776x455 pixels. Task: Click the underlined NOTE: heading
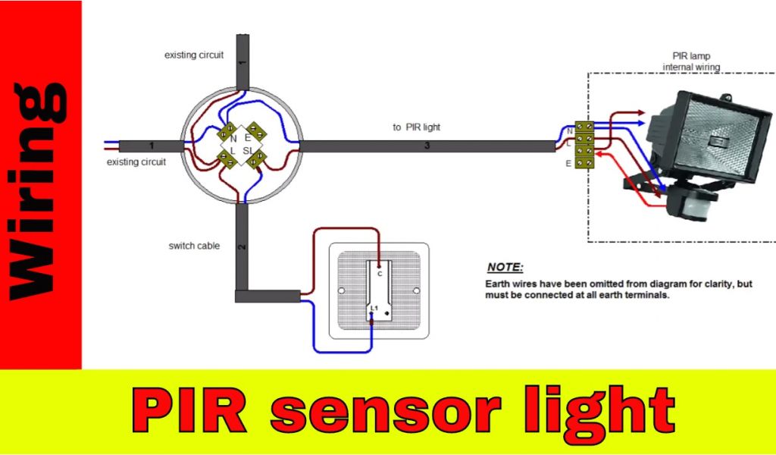click(505, 268)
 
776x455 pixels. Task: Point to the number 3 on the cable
click(427, 146)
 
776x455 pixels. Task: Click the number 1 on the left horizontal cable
click(152, 145)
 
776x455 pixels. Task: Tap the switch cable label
click(194, 246)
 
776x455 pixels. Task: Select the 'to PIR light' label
click(416, 127)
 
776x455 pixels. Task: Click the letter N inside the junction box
click(233, 139)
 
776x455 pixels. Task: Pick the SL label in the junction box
click(249, 151)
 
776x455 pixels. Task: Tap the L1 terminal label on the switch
click(374, 307)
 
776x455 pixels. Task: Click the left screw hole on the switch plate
click(341, 291)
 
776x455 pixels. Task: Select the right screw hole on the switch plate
click(415, 291)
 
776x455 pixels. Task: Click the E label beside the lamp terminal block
click(569, 162)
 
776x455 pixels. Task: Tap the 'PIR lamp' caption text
click(690, 56)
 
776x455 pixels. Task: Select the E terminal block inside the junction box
click(259, 133)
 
